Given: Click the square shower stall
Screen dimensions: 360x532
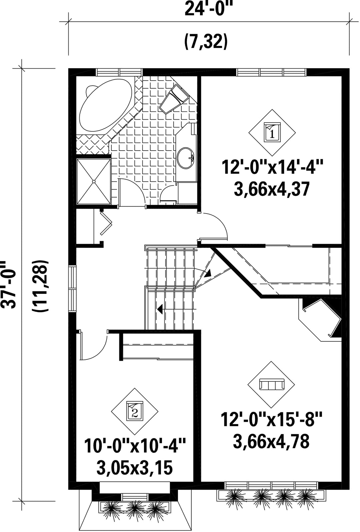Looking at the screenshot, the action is pos(94,181).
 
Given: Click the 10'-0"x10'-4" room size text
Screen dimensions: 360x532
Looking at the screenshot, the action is pos(135,446).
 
